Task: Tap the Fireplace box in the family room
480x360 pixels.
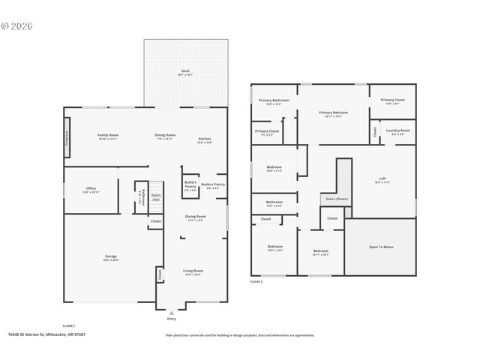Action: coord(67,139)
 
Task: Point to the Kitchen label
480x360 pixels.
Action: coord(204,139)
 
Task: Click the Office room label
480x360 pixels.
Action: coord(91,189)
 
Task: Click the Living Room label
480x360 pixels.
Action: coord(193,271)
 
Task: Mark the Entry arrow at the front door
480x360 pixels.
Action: coord(172,312)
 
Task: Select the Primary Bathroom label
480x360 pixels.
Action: coord(274,101)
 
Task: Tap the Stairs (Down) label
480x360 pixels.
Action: coord(336,199)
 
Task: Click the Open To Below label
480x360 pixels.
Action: coord(381,246)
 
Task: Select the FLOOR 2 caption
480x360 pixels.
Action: coord(256,281)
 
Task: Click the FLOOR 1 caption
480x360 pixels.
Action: coord(69,325)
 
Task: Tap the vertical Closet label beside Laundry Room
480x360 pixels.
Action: coord(374,132)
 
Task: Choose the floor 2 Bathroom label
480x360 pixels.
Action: coord(274,202)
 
